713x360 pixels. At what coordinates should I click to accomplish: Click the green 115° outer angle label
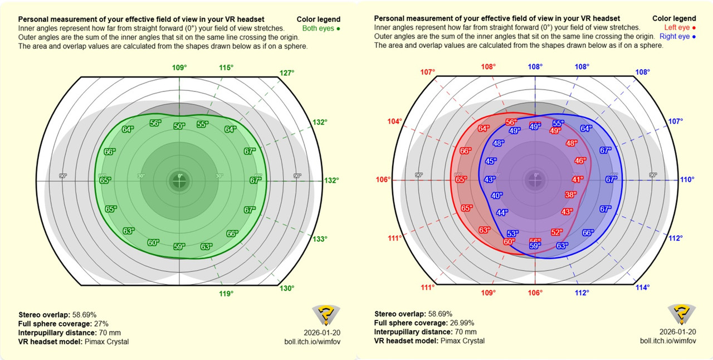[226, 67]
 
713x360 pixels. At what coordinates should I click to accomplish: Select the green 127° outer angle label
[287, 72]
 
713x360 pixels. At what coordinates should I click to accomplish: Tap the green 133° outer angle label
[320, 239]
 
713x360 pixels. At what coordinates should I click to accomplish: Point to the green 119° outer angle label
[225, 293]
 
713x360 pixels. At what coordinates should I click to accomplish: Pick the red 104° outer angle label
[395, 121]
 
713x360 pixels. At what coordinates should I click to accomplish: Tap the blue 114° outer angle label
[642, 288]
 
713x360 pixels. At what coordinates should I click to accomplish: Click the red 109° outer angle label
[488, 293]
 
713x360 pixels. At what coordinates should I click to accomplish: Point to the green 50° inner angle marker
[179, 127]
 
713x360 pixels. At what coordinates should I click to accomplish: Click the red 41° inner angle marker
[577, 179]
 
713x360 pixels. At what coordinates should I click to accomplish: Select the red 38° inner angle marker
[570, 195]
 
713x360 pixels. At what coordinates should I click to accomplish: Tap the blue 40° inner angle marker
[496, 196]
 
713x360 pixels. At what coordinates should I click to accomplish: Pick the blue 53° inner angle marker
[512, 233]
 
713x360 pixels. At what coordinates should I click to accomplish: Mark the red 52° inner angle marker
[556, 232]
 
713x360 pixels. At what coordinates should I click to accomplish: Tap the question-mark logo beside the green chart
[323, 315]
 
